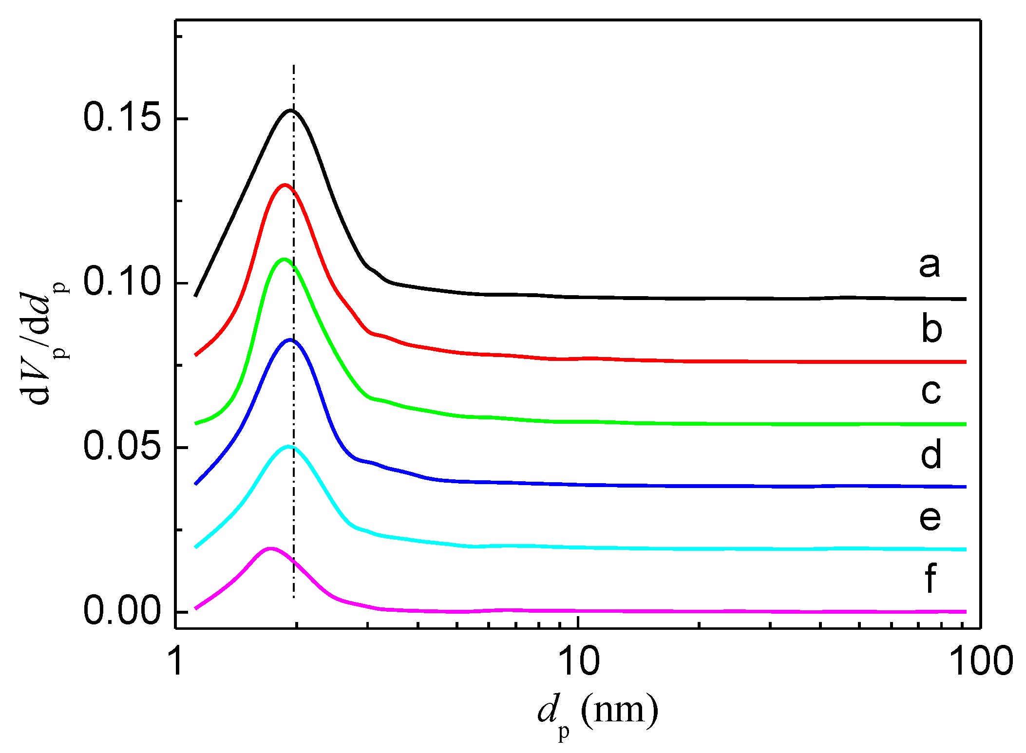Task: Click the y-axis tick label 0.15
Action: click(x=122, y=118)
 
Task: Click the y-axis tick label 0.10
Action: click(x=122, y=282)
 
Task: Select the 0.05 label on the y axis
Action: click(x=122, y=447)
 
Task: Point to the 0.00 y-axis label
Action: click(x=122, y=611)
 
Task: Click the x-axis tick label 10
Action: click(x=578, y=662)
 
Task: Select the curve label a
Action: click(x=930, y=266)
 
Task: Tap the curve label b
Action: click(x=931, y=329)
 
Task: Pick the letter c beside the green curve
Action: click(x=931, y=391)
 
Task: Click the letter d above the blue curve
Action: click(x=931, y=454)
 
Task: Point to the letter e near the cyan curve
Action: click(x=930, y=517)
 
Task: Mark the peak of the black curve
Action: click(x=291, y=111)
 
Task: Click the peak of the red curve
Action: click(x=284, y=185)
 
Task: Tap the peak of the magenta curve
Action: click(x=270, y=548)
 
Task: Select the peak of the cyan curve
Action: click(x=288, y=446)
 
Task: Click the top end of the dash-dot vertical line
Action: click(x=293, y=65)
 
